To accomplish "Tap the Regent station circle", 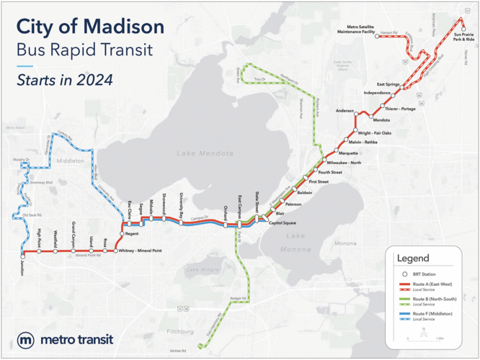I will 122,234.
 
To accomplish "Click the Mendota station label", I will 381,120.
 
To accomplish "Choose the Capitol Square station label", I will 283,223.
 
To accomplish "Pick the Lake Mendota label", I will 205,153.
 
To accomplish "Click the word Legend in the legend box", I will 413,258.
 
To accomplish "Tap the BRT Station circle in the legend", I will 404,274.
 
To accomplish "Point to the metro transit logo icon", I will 26,340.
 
